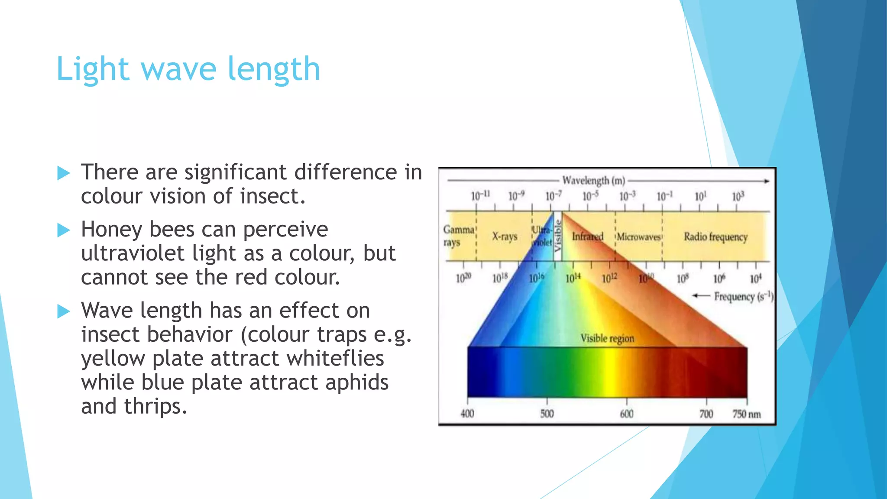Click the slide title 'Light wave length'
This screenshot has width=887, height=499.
coord(188,69)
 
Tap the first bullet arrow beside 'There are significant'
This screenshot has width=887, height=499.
coord(64,173)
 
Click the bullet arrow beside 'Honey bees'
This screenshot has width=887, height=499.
coord(64,230)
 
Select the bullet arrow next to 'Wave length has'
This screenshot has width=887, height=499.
coord(64,311)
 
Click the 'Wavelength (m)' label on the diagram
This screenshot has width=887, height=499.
coord(593,180)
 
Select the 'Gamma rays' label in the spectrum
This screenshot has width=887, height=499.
coord(458,236)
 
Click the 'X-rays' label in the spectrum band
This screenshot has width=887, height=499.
coord(505,237)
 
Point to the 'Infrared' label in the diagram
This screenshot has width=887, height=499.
coord(587,237)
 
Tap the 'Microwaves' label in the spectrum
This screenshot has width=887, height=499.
coord(638,237)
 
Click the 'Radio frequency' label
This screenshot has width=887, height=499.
coord(715,237)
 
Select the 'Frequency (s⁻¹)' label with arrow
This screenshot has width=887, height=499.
coord(742,296)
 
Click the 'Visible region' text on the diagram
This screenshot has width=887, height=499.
coord(607,338)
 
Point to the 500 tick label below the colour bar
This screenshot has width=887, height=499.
coord(547,414)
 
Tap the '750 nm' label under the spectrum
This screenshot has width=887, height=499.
coord(746,414)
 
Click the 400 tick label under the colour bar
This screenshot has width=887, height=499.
coord(467,414)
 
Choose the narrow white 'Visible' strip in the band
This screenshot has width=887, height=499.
coord(557,236)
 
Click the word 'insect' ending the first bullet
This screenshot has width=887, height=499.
coord(272,197)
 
